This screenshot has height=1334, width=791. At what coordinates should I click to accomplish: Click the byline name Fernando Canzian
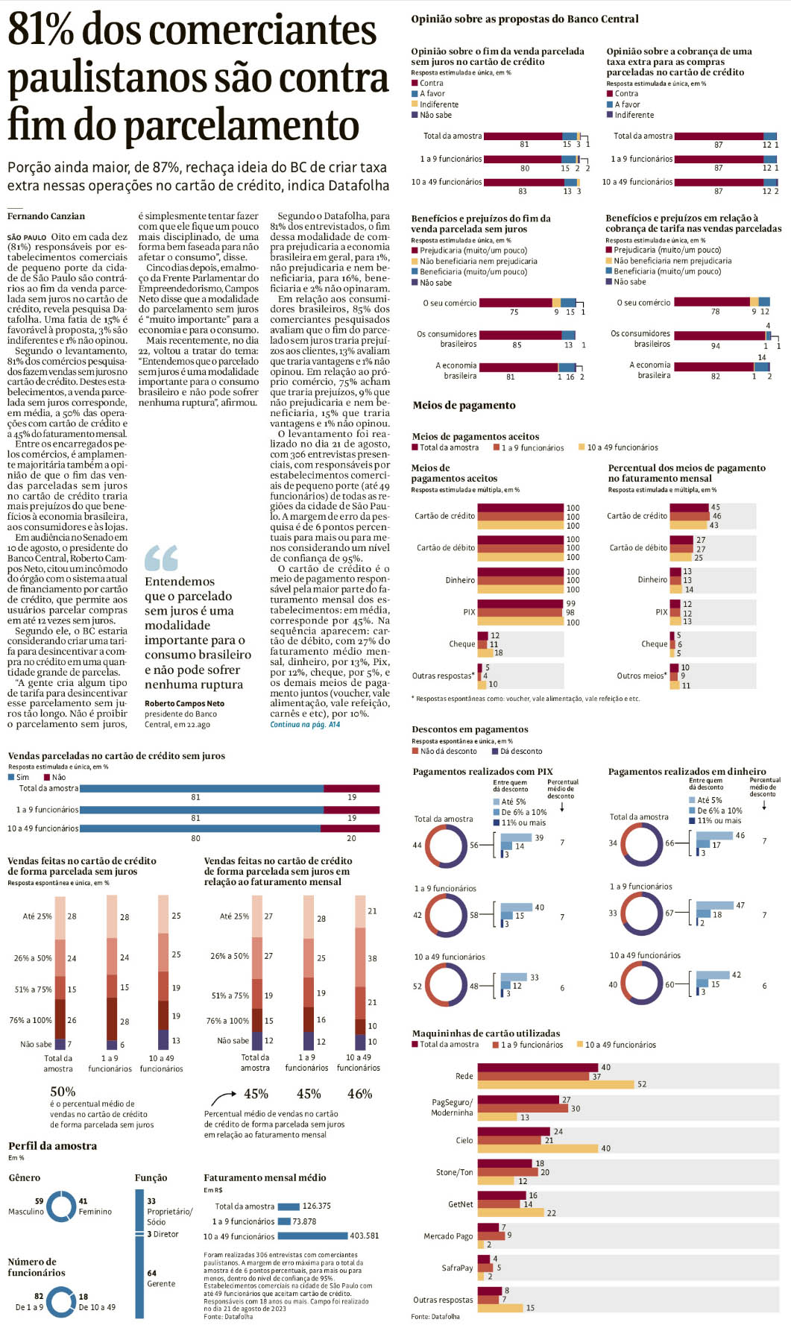tap(46, 216)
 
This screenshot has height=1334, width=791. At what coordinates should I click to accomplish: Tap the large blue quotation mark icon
tap(161, 558)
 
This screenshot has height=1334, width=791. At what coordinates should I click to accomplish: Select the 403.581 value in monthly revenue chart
tap(364, 1236)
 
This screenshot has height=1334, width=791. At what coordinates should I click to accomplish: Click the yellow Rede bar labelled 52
tap(555, 1084)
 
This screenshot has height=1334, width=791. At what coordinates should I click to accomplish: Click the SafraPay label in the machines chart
tap(457, 1268)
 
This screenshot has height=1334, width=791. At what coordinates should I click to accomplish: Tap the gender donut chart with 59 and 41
tap(61, 1206)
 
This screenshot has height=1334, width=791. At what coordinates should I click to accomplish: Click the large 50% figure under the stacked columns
tap(63, 1092)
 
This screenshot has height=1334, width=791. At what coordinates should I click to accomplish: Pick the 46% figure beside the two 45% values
tap(359, 1094)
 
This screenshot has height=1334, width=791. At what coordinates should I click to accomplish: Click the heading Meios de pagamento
tap(464, 406)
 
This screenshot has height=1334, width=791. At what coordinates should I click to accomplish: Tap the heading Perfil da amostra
tap(52, 1146)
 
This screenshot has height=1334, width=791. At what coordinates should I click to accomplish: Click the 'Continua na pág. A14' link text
tap(305, 724)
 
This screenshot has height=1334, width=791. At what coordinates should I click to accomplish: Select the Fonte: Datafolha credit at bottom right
tap(435, 1316)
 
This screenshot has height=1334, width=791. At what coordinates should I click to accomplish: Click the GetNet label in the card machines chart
tap(460, 1204)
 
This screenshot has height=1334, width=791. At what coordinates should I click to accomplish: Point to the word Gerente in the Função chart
tap(161, 1283)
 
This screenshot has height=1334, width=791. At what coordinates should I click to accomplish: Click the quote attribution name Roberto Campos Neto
tap(184, 703)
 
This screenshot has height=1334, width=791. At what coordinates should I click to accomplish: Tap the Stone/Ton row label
tap(454, 1172)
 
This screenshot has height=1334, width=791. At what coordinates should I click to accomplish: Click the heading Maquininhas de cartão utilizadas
tap(485, 1033)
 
